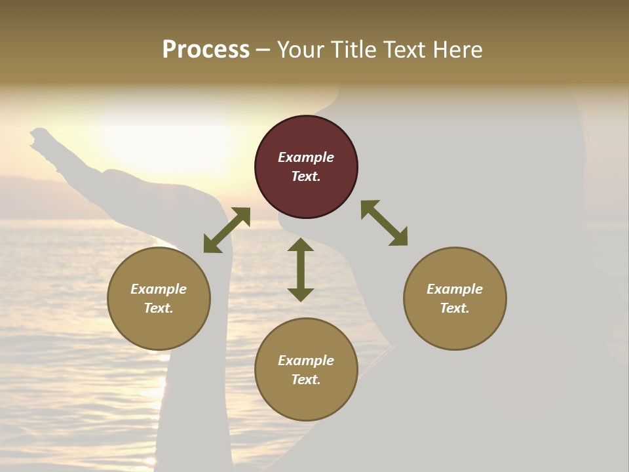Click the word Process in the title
tap(206, 50)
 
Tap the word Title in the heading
tap(353, 50)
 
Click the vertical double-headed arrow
tap(301, 269)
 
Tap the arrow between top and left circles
tap(227, 230)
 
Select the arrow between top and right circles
tap(385, 224)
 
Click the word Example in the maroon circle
tap(306, 157)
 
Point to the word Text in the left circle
tap(159, 308)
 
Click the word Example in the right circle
tap(455, 289)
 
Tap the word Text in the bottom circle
tap(306, 380)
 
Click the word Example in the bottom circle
tap(306, 361)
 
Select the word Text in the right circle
tap(455, 308)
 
